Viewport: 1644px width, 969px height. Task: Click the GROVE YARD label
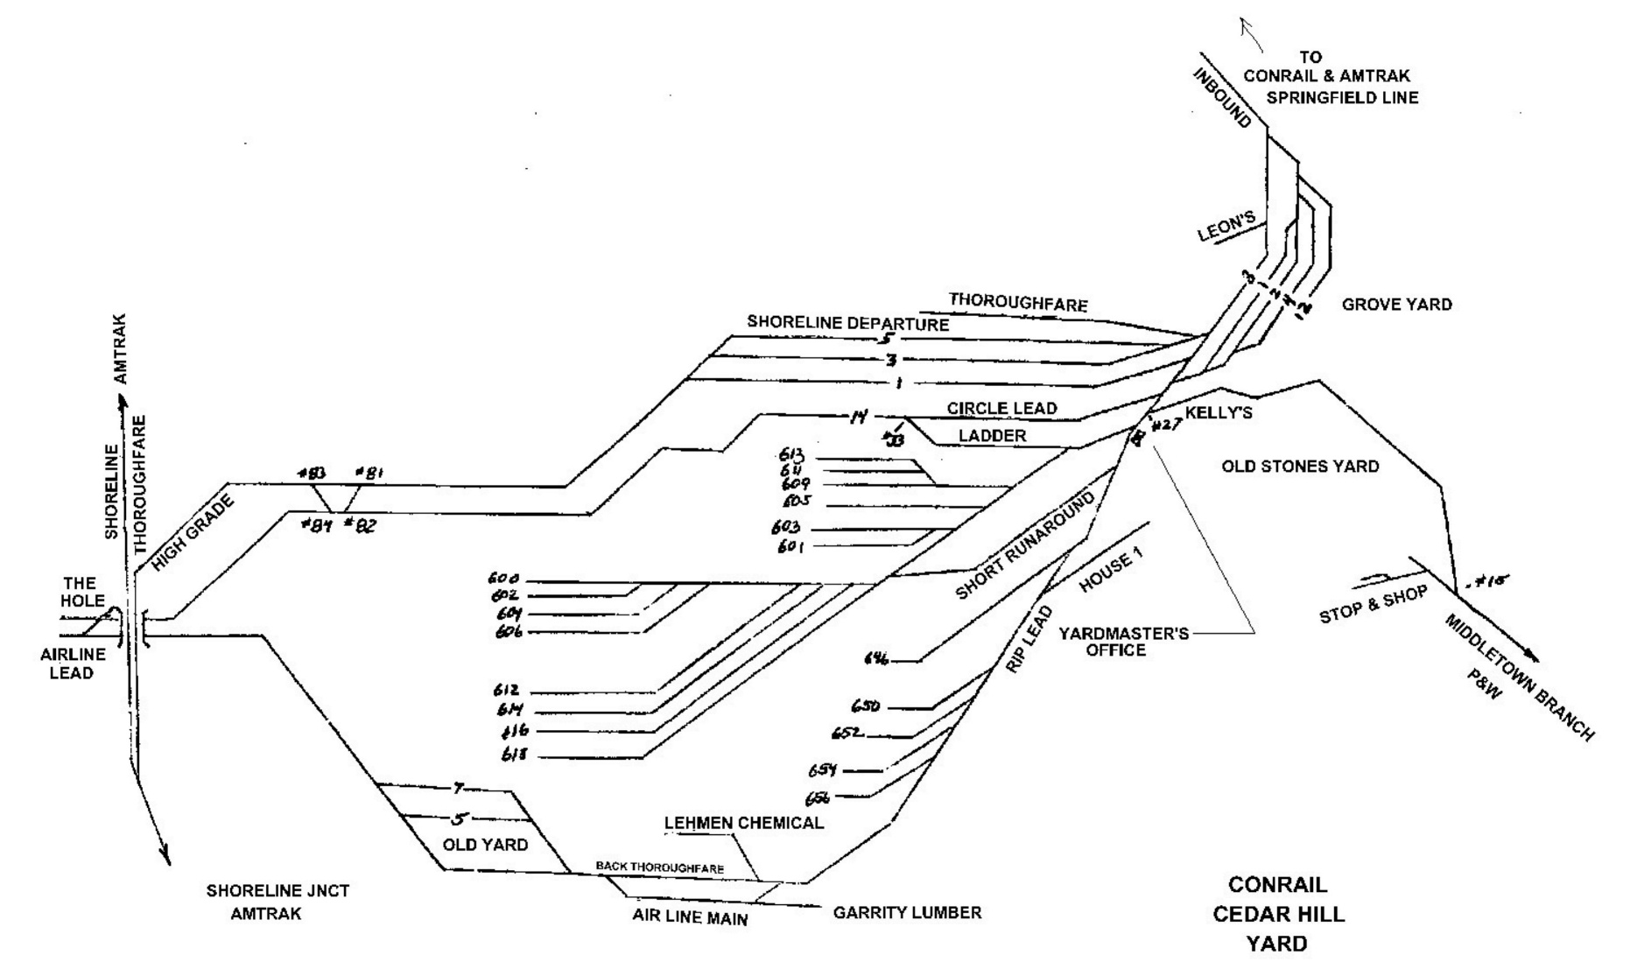point(1396,305)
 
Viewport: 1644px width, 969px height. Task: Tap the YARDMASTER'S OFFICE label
point(1124,642)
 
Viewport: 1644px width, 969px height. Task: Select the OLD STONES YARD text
point(1300,467)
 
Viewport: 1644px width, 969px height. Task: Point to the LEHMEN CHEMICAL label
point(743,823)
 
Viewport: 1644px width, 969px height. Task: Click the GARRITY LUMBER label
point(907,913)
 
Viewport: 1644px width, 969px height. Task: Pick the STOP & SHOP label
point(1373,605)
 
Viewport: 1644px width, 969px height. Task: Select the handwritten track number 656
point(819,797)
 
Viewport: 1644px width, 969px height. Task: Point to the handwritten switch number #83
point(311,474)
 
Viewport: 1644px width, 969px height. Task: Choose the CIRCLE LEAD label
point(1001,409)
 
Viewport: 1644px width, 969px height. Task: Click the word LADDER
point(992,436)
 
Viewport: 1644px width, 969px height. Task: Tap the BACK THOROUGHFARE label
point(659,867)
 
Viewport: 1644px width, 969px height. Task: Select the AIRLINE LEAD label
point(73,663)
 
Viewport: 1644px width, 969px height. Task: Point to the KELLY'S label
point(1219,413)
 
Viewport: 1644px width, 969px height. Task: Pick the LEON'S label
point(1226,227)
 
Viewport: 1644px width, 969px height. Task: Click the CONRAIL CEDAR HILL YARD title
point(1277,914)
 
